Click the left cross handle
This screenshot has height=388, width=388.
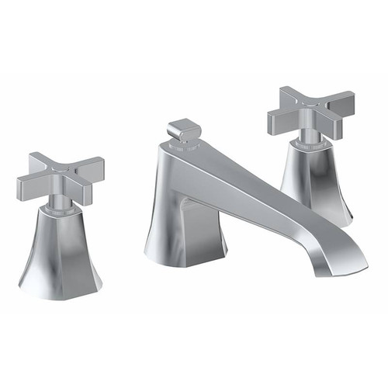[59, 177]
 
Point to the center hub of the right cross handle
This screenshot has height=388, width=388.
[310, 111]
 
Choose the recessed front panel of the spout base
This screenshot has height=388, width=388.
[197, 229]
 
